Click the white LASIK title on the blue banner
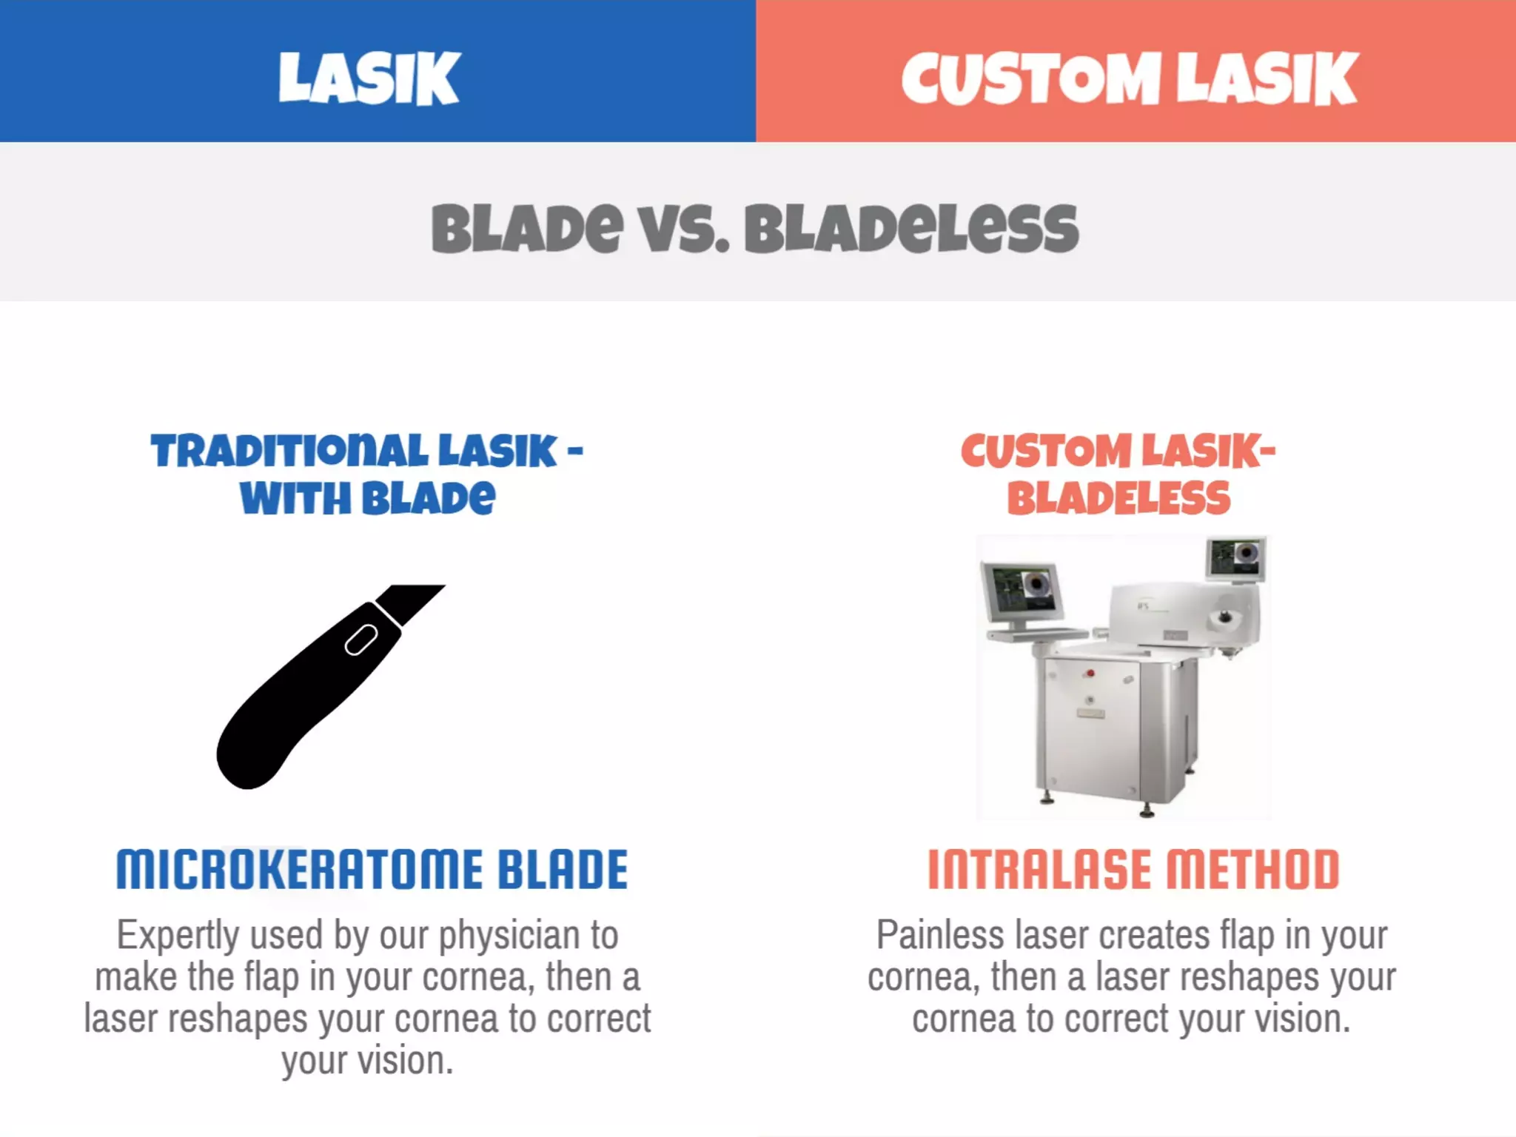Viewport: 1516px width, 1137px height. click(x=369, y=78)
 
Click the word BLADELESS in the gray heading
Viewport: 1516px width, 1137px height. click(x=911, y=229)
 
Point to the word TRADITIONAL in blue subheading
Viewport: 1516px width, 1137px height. click(x=289, y=451)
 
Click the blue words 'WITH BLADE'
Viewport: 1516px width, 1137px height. click(x=367, y=498)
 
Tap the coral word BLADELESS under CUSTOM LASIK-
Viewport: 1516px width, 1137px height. click(x=1118, y=498)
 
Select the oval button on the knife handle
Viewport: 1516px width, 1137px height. click(x=361, y=640)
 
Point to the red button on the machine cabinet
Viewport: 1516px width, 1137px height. click(x=1090, y=674)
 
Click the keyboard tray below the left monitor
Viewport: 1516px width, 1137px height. click(x=1036, y=634)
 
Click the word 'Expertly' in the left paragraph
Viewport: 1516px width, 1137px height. click(x=178, y=936)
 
